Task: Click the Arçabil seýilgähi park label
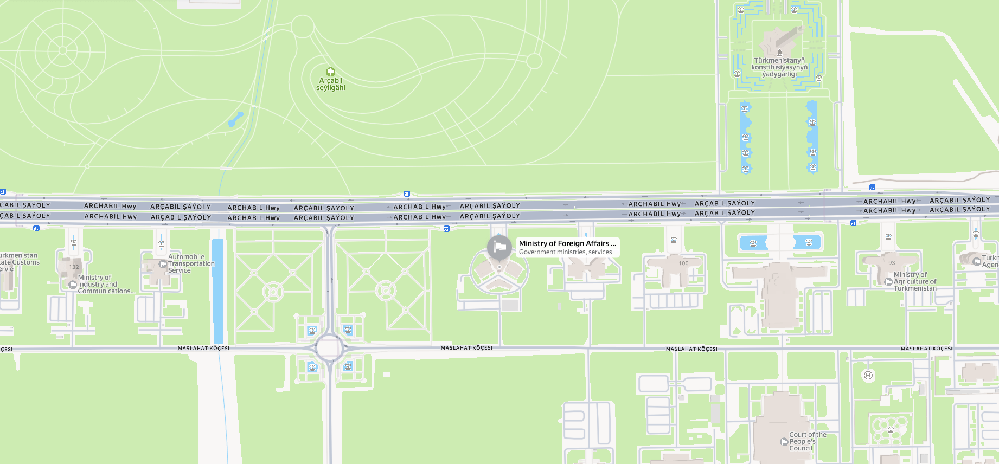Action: click(x=330, y=84)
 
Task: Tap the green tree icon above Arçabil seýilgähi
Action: click(x=330, y=72)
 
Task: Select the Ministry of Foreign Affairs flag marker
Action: click(x=499, y=247)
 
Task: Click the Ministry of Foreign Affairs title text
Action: click(x=567, y=243)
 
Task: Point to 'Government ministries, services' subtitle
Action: click(x=565, y=252)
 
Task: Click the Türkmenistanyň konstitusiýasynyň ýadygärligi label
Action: click(x=779, y=67)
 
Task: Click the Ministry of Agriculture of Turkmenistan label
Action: click(x=915, y=281)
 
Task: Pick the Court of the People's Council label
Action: click(x=808, y=441)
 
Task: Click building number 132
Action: click(x=74, y=267)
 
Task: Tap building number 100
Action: click(x=683, y=263)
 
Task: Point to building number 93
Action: click(x=892, y=263)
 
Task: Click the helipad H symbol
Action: click(x=868, y=375)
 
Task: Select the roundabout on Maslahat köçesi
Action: click(x=329, y=348)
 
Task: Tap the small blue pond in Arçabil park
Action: click(x=235, y=119)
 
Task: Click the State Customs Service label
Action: click(x=20, y=262)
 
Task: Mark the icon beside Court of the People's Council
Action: click(x=784, y=442)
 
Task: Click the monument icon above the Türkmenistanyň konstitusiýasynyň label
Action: click(x=779, y=53)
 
